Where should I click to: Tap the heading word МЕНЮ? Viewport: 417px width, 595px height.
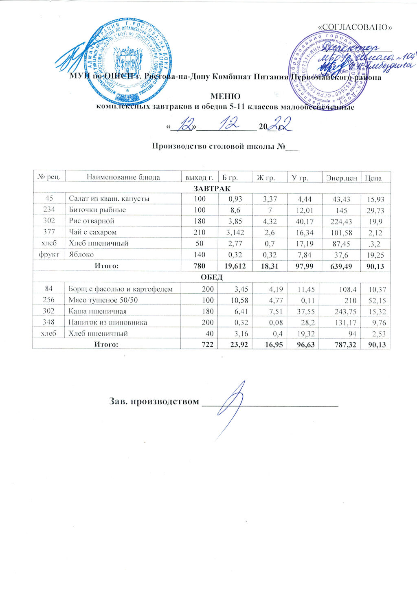click(x=225, y=97)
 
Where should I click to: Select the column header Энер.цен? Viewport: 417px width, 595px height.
click(x=342, y=177)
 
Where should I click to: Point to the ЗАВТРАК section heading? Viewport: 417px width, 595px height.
click(x=211, y=188)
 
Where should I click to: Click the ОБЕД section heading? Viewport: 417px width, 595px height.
click(x=211, y=278)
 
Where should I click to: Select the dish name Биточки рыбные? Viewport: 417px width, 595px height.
click(x=97, y=210)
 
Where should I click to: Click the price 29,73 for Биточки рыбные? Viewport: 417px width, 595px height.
click(x=376, y=211)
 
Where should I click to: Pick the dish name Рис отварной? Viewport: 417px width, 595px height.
click(x=91, y=221)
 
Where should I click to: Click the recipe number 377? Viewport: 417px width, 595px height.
click(x=49, y=233)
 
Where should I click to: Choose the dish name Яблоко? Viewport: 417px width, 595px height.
click(x=81, y=255)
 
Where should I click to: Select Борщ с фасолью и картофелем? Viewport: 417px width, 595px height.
click(x=121, y=289)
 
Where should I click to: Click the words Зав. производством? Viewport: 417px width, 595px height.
click(x=154, y=401)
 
